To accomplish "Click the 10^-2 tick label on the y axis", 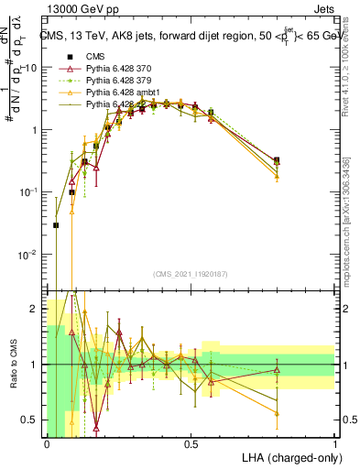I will pyautogui.click(x=28, y=254).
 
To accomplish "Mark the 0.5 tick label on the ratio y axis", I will pyautogui.click(x=30, y=420).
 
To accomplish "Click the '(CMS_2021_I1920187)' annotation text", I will pyautogui.click(x=191, y=275).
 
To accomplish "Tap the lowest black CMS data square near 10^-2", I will pyautogui.click(x=57, y=224).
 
